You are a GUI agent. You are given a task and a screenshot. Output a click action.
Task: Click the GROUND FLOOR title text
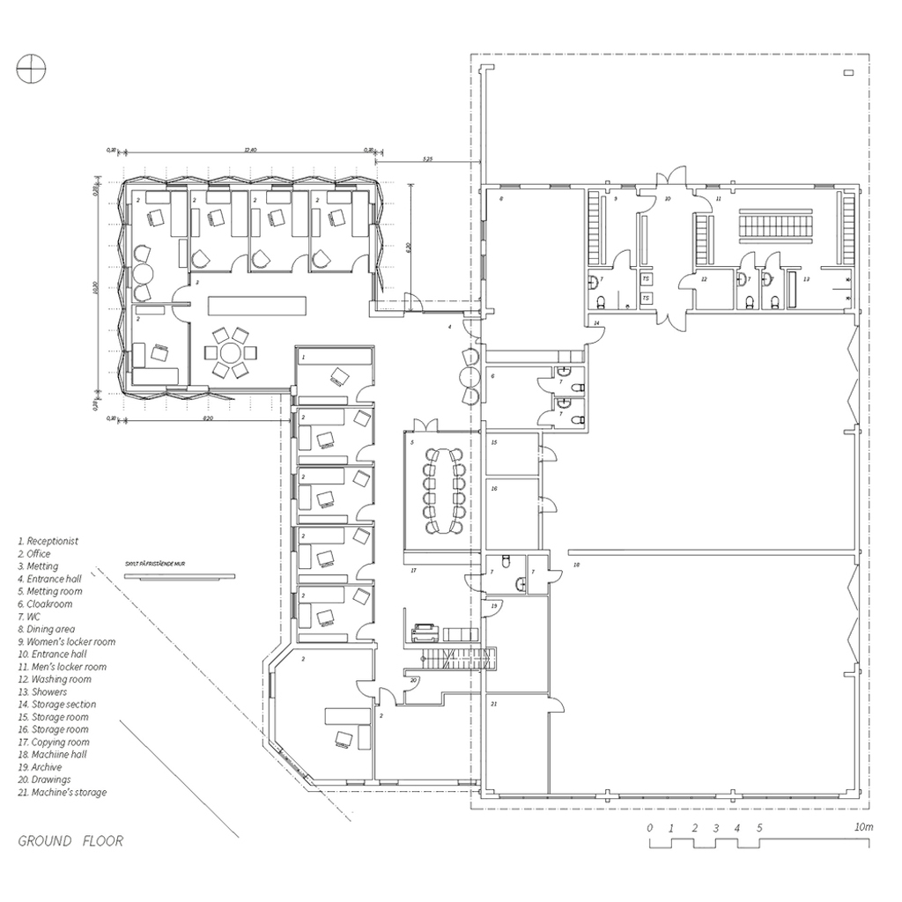(x=70, y=841)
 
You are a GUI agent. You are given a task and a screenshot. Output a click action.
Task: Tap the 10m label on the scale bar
(x=862, y=828)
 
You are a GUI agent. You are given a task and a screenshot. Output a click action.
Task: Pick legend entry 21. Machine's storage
(x=63, y=792)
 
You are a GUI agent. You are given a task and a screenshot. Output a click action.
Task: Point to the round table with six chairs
(x=232, y=353)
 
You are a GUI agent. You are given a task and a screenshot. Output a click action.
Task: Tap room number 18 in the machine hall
(x=576, y=565)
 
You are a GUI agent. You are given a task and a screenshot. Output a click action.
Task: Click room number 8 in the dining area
(x=499, y=201)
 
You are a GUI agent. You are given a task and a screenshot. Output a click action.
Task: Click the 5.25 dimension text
(x=428, y=159)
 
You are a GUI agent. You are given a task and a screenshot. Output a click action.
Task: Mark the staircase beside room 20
(x=456, y=658)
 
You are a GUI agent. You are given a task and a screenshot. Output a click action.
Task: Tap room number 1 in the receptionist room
(x=303, y=358)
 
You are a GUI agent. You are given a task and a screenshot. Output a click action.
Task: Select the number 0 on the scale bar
(x=649, y=828)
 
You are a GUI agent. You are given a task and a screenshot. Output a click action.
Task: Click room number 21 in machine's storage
(x=494, y=704)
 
